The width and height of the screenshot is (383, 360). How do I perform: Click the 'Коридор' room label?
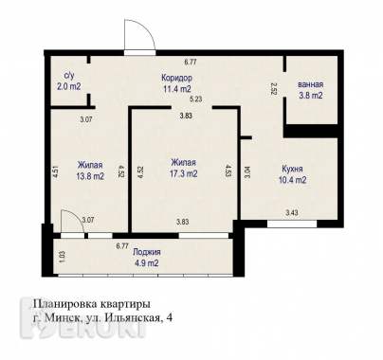[175, 79]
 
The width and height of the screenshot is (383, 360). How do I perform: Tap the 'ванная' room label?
[310, 83]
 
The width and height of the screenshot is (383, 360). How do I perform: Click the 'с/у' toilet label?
[68, 75]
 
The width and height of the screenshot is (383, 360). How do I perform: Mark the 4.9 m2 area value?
[147, 263]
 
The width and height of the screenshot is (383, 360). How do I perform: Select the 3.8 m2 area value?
[310, 95]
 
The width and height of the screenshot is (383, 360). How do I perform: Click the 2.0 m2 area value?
[69, 86]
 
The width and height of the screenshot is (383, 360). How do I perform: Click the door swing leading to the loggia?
[70, 223]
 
